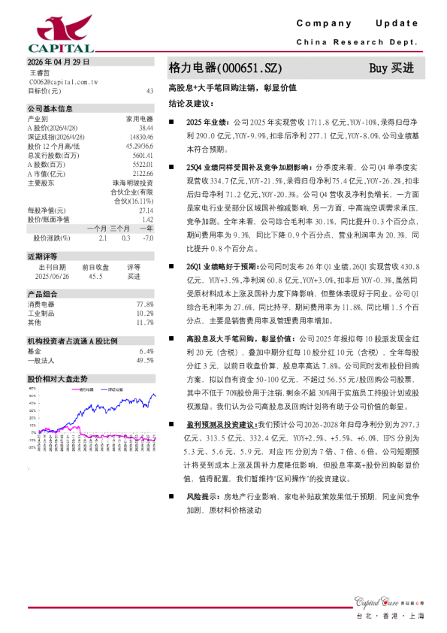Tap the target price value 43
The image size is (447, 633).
coord(150,90)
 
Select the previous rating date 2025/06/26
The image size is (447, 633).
coord(53,276)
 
